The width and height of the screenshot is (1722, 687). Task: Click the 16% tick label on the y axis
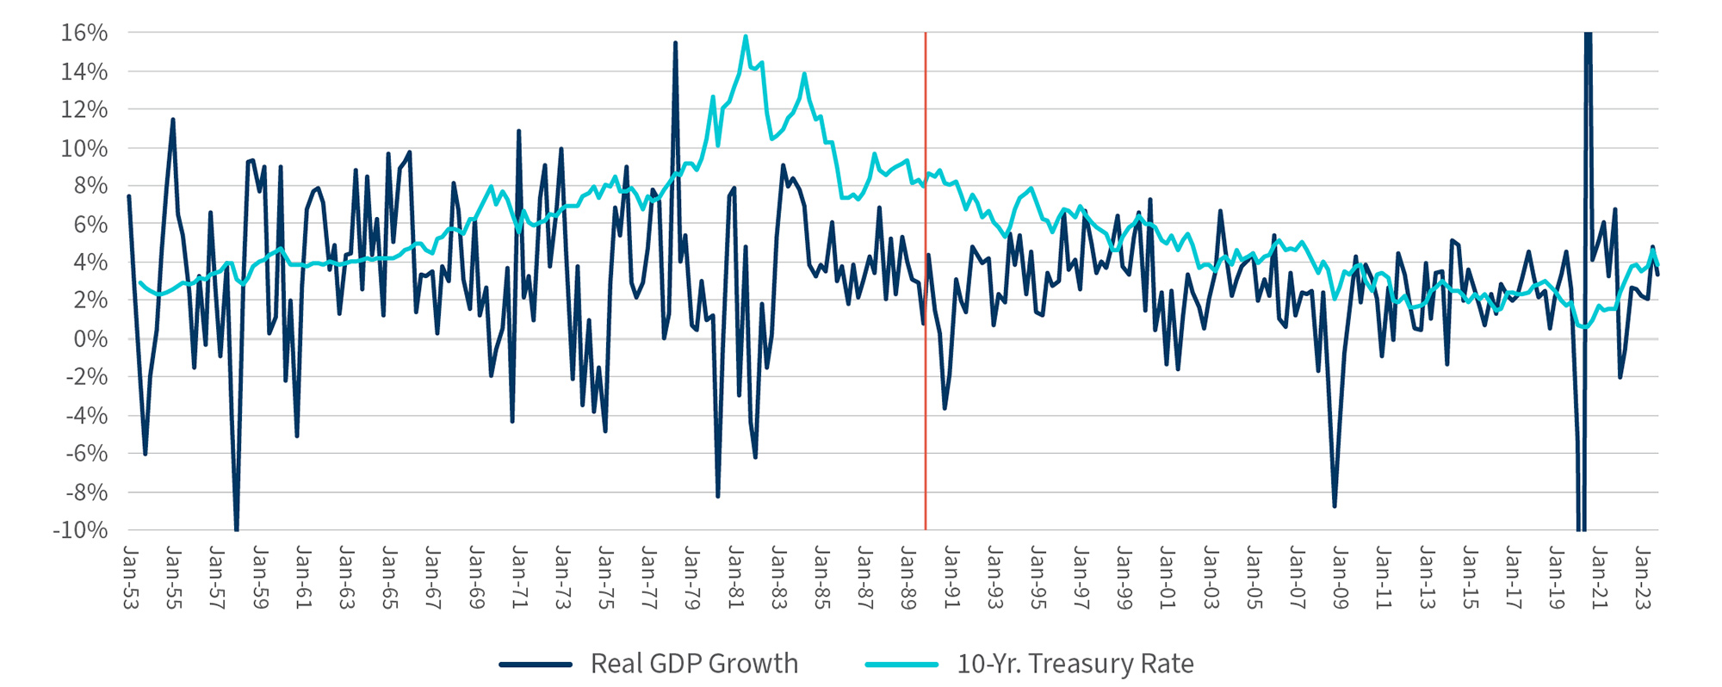(x=84, y=33)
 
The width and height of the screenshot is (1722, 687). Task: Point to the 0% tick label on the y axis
(x=90, y=338)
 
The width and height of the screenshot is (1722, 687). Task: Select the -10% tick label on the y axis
(x=80, y=530)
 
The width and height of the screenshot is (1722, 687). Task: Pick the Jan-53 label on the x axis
(x=131, y=577)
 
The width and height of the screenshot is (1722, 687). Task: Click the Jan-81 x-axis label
(x=735, y=577)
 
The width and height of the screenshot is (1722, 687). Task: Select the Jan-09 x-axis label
(x=1340, y=577)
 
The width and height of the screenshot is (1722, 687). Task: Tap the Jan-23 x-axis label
(x=1642, y=577)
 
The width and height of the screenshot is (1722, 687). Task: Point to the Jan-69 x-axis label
(x=476, y=577)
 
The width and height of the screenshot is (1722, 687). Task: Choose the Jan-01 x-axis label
(x=1167, y=577)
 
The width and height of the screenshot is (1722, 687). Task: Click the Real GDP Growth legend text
(x=694, y=664)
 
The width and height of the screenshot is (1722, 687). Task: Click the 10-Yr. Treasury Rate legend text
(x=1075, y=664)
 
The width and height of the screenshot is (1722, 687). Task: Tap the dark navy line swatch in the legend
(x=536, y=665)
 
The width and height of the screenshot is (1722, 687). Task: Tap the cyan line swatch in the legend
(x=901, y=665)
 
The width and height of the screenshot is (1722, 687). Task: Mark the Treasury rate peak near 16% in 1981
(x=746, y=37)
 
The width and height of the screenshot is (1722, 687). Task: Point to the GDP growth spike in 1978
(x=675, y=43)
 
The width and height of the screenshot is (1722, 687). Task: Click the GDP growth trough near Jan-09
(x=1335, y=505)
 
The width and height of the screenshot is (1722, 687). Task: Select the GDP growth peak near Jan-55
(x=173, y=120)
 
